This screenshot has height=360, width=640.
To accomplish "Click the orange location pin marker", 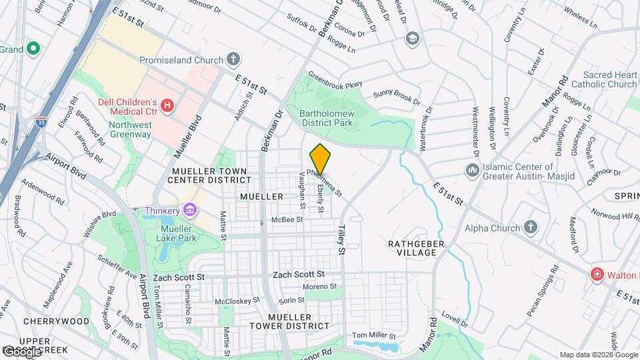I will (x=320, y=159).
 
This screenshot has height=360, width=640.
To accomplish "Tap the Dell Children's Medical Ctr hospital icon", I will (x=167, y=105).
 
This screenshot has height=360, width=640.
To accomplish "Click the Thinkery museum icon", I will (x=191, y=211).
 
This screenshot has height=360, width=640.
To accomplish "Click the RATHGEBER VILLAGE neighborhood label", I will (x=416, y=249).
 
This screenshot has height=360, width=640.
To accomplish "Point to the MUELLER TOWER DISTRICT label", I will (x=298, y=321).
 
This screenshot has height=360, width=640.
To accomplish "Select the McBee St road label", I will (x=287, y=219).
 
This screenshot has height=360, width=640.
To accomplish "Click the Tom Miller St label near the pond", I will (x=374, y=335).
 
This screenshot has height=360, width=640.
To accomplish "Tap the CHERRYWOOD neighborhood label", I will (x=56, y=321).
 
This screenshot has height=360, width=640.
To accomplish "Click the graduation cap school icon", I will (x=411, y=38).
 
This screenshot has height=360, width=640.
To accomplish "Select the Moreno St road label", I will (x=320, y=287).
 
